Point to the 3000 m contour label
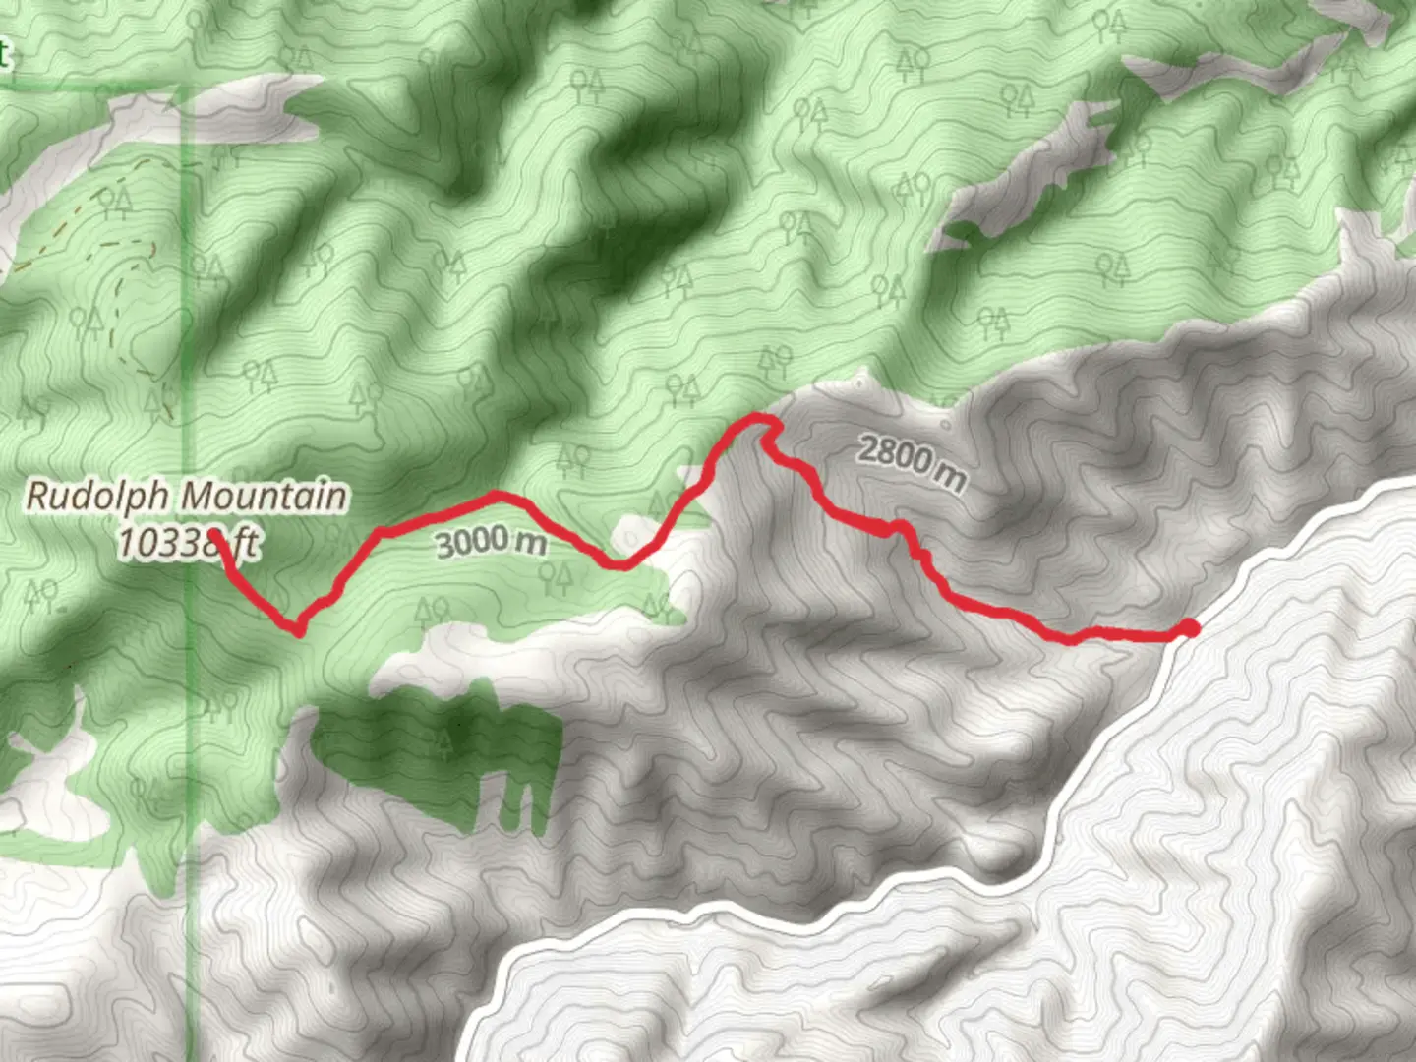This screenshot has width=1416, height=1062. tap(489, 540)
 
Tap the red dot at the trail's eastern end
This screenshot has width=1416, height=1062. tap(1189, 628)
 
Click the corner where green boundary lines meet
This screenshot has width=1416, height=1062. tap(191, 87)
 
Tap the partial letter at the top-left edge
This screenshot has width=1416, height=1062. tap(4, 54)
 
